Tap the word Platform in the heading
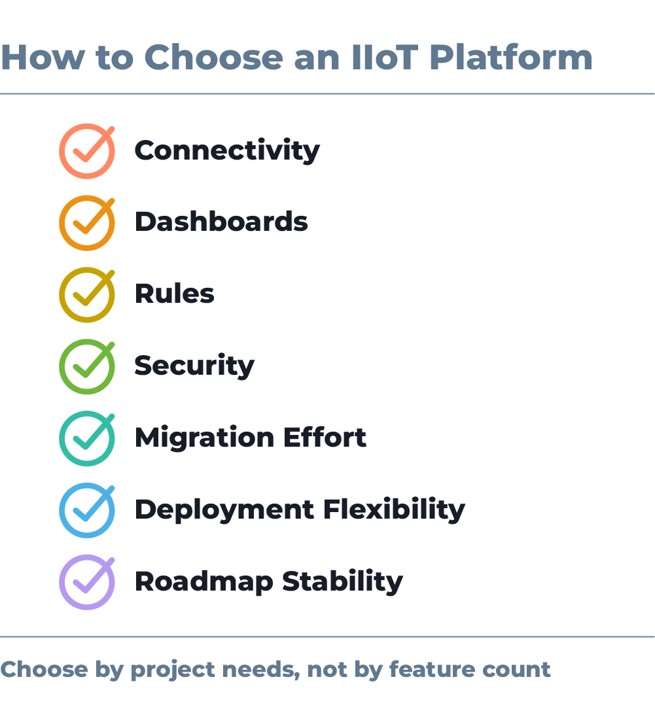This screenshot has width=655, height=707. coord(510,58)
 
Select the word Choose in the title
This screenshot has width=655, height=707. coord(213,58)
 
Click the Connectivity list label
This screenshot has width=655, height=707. coord(227,150)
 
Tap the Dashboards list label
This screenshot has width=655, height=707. coord(221,222)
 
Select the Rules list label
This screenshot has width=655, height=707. coord(175,294)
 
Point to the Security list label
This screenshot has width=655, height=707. coord(194,366)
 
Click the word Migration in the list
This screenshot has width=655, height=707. coord(205,438)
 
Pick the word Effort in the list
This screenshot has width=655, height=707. coord(325,437)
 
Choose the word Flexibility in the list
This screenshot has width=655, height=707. coord(395,510)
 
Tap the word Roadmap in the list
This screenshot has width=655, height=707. coord(204,582)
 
